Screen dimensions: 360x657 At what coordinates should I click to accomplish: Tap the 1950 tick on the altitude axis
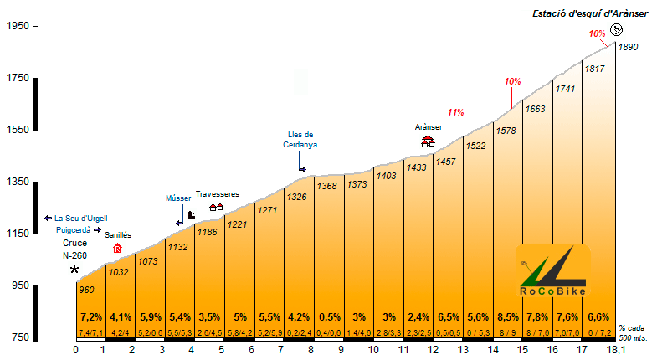pos(17,27)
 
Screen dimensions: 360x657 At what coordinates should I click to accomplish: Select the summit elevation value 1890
pos(628,47)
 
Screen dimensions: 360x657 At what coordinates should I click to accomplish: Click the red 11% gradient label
pos(455,111)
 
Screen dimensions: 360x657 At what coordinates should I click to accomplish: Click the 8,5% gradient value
pos(507,317)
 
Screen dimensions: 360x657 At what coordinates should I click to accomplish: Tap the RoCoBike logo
pos(552,271)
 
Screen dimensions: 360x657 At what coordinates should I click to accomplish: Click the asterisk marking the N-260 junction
pos(74,270)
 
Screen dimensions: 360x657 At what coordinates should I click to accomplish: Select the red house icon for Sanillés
pos(117,248)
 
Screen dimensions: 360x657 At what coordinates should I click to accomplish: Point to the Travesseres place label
pos(218,194)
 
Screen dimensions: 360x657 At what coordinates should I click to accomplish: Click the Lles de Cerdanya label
pos(300,139)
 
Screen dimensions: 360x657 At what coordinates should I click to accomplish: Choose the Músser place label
pos(178,198)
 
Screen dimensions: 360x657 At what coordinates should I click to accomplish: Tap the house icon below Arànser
pos(428,141)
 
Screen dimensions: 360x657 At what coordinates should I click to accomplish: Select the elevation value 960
pos(85,290)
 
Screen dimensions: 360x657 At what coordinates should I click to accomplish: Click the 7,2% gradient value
pos(90,317)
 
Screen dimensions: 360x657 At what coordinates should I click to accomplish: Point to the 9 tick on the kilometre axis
pos(341,350)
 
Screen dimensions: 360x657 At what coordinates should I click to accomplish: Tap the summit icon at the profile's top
pos(616,30)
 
